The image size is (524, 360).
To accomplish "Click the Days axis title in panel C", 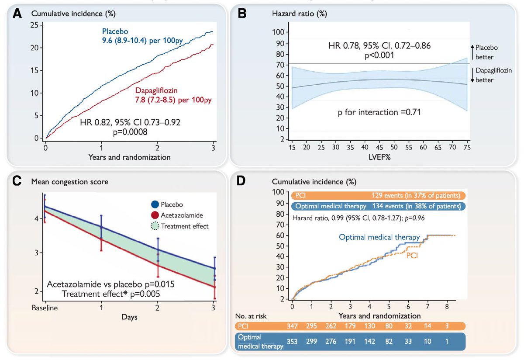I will coord(129,317).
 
